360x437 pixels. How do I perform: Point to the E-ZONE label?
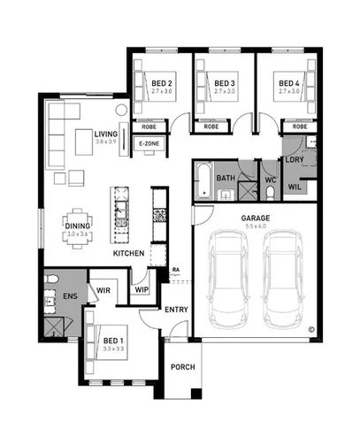tap(148, 142)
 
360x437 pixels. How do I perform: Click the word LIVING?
tap(106, 133)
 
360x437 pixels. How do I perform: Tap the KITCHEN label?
tap(128, 254)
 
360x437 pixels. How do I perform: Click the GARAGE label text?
tap(254, 218)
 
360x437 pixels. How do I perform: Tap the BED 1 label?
tap(113, 341)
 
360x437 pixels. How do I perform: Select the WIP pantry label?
tap(142, 288)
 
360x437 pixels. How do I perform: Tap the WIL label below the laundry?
tap(295, 187)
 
